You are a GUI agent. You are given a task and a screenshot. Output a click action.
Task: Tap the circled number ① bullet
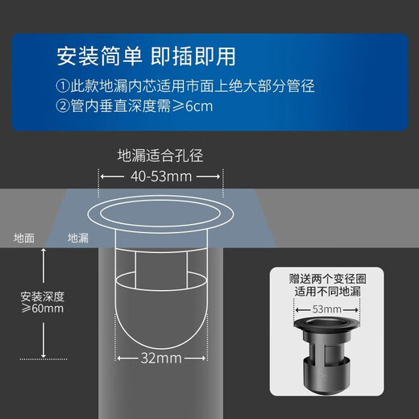(x=63, y=85)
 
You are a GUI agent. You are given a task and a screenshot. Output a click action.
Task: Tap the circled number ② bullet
(x=63, y=106)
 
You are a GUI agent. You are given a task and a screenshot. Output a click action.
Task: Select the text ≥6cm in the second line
(x=193, y=106)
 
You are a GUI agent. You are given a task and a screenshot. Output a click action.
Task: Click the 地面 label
(x=24, y=238)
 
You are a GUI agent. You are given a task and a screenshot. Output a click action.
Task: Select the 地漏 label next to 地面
(x=78, y=238)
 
